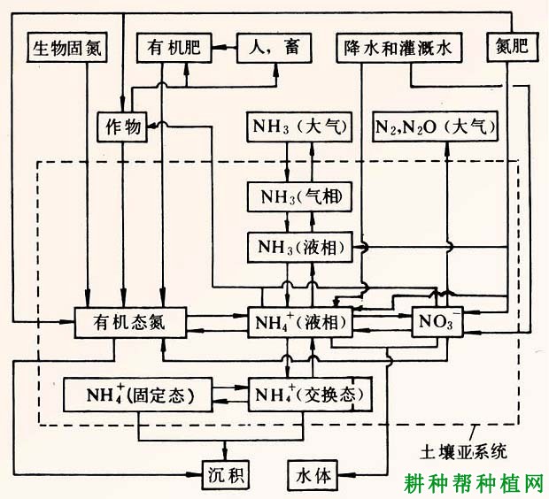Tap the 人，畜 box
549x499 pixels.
[275, 48]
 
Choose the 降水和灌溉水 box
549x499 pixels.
[398, 48]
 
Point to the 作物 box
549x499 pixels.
[119, 127]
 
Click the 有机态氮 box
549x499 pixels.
[130, 324]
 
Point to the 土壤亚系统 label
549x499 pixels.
[463, 451]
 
